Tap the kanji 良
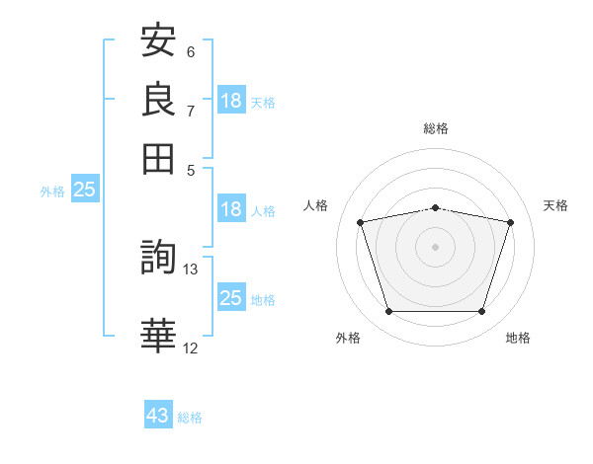pos(159,99)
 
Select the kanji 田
pos(159,157)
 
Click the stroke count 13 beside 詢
pos(191,269)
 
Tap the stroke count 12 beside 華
pos(191,347)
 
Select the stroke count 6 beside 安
pos(191,51)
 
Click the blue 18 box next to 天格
pos(231,101)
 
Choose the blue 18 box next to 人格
pos(231,209)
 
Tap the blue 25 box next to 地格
pos(231,298)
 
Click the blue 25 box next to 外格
pos(84,190)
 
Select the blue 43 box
pos(158,416)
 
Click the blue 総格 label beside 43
pos(190,418)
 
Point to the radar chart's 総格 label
pos(436,128)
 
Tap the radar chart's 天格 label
pos(556,205)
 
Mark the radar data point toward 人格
pos(361,222)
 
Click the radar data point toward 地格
pos(481,312)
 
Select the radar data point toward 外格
pos(388,312)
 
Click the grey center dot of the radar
pos(435,247)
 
